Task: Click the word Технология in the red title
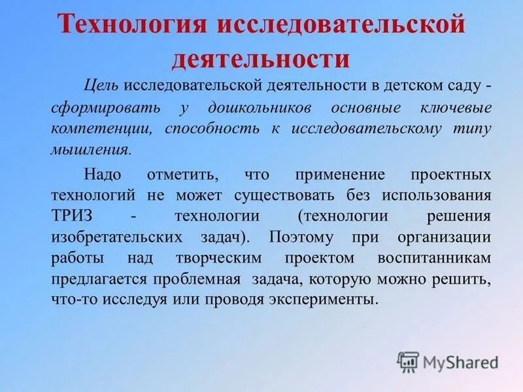coord(132,26)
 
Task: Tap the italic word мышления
coord(90,149)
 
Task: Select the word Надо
coord(102,175)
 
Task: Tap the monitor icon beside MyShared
coord(408,362)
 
